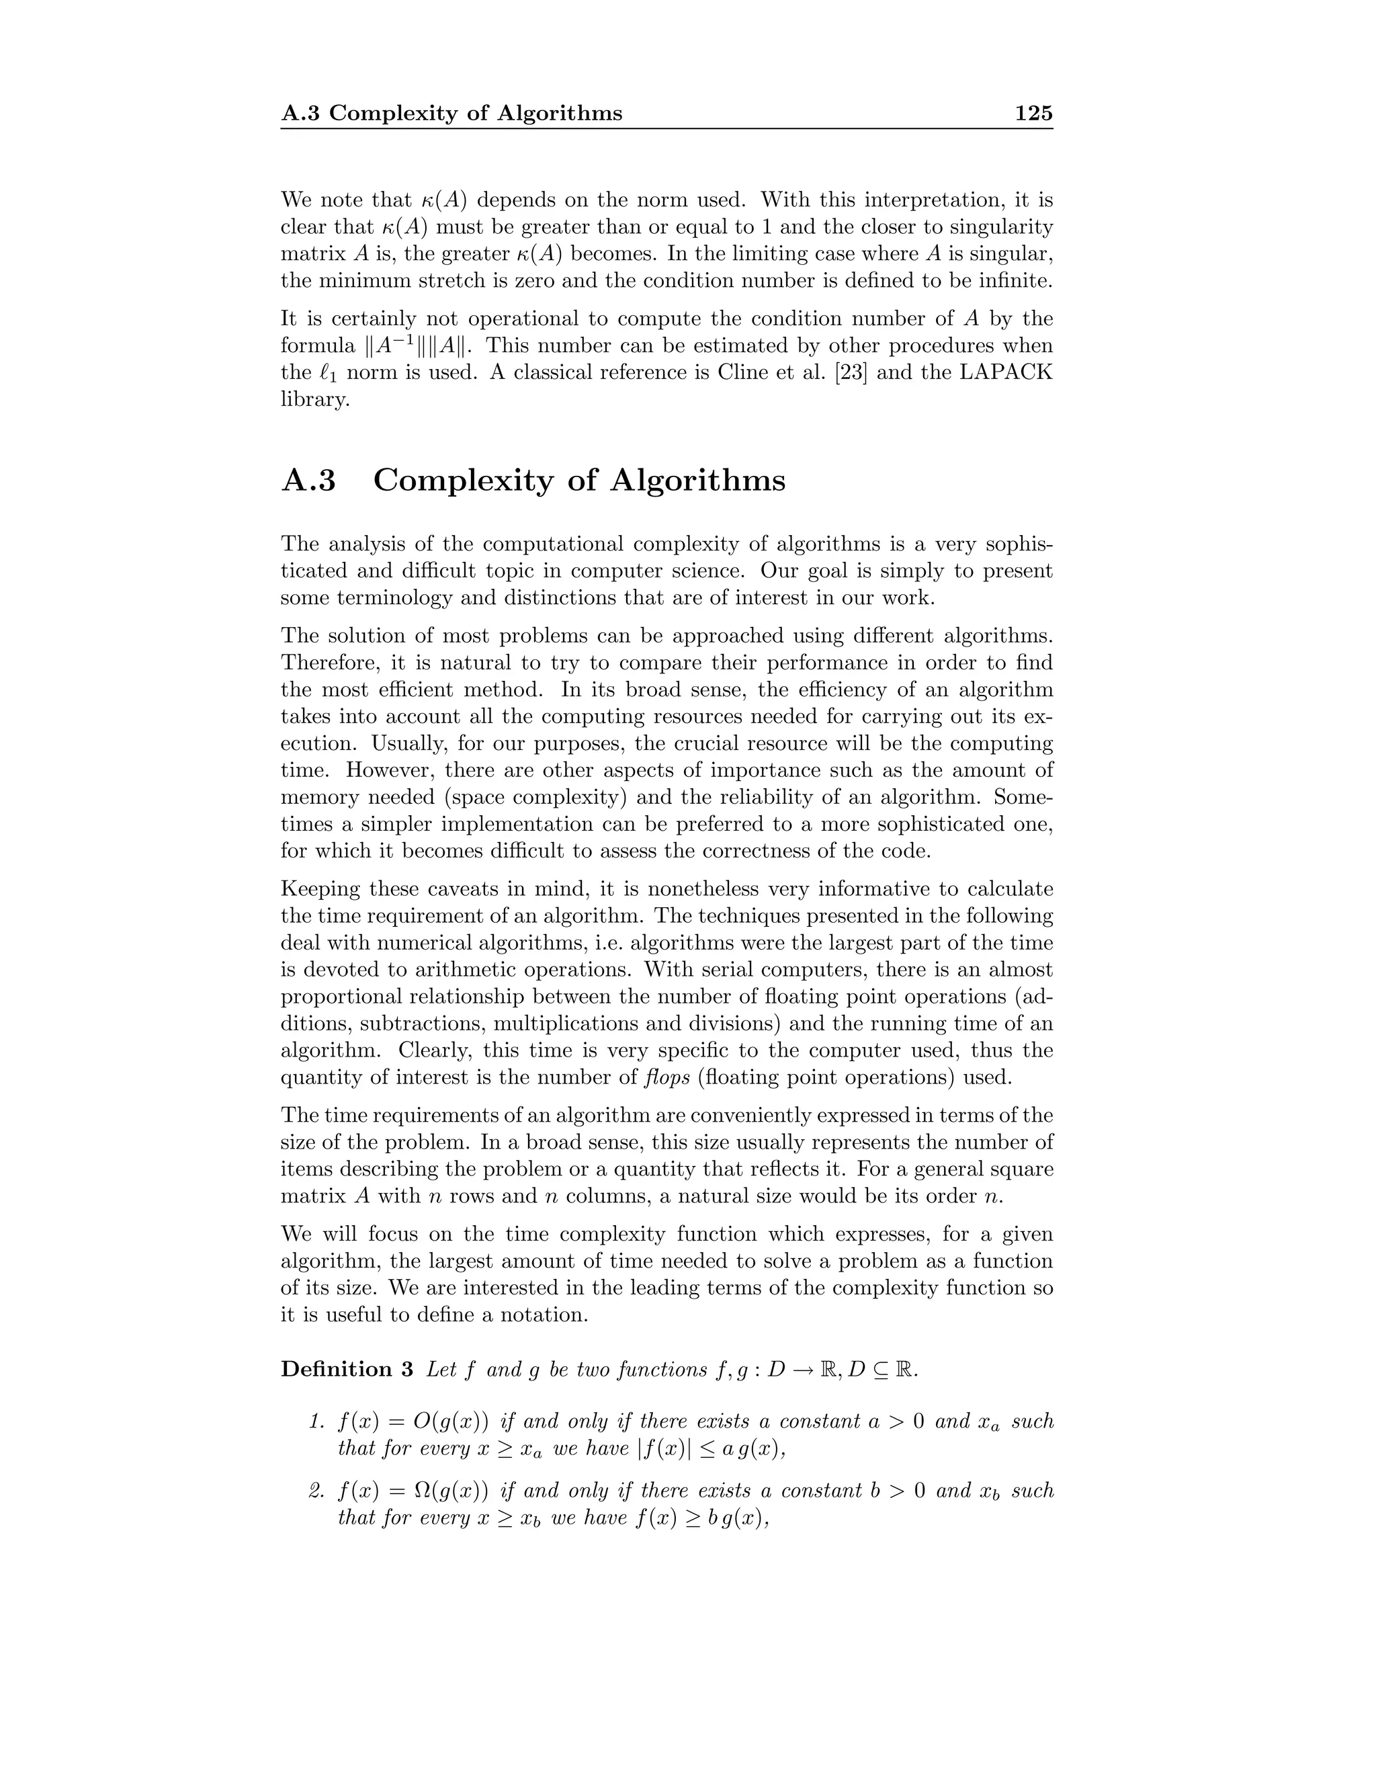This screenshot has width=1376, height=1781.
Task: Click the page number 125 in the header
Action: click(1033, 114)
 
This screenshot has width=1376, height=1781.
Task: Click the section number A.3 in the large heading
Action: click(308, 481)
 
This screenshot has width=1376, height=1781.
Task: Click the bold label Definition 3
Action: click(347, 1369)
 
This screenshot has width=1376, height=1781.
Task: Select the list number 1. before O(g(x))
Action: click(318, 1422)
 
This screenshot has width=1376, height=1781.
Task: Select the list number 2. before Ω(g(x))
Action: click(318, 1491)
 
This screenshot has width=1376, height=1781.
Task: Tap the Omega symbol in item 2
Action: click(423, 1491)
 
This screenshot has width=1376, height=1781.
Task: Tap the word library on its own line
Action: click(314, 401)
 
